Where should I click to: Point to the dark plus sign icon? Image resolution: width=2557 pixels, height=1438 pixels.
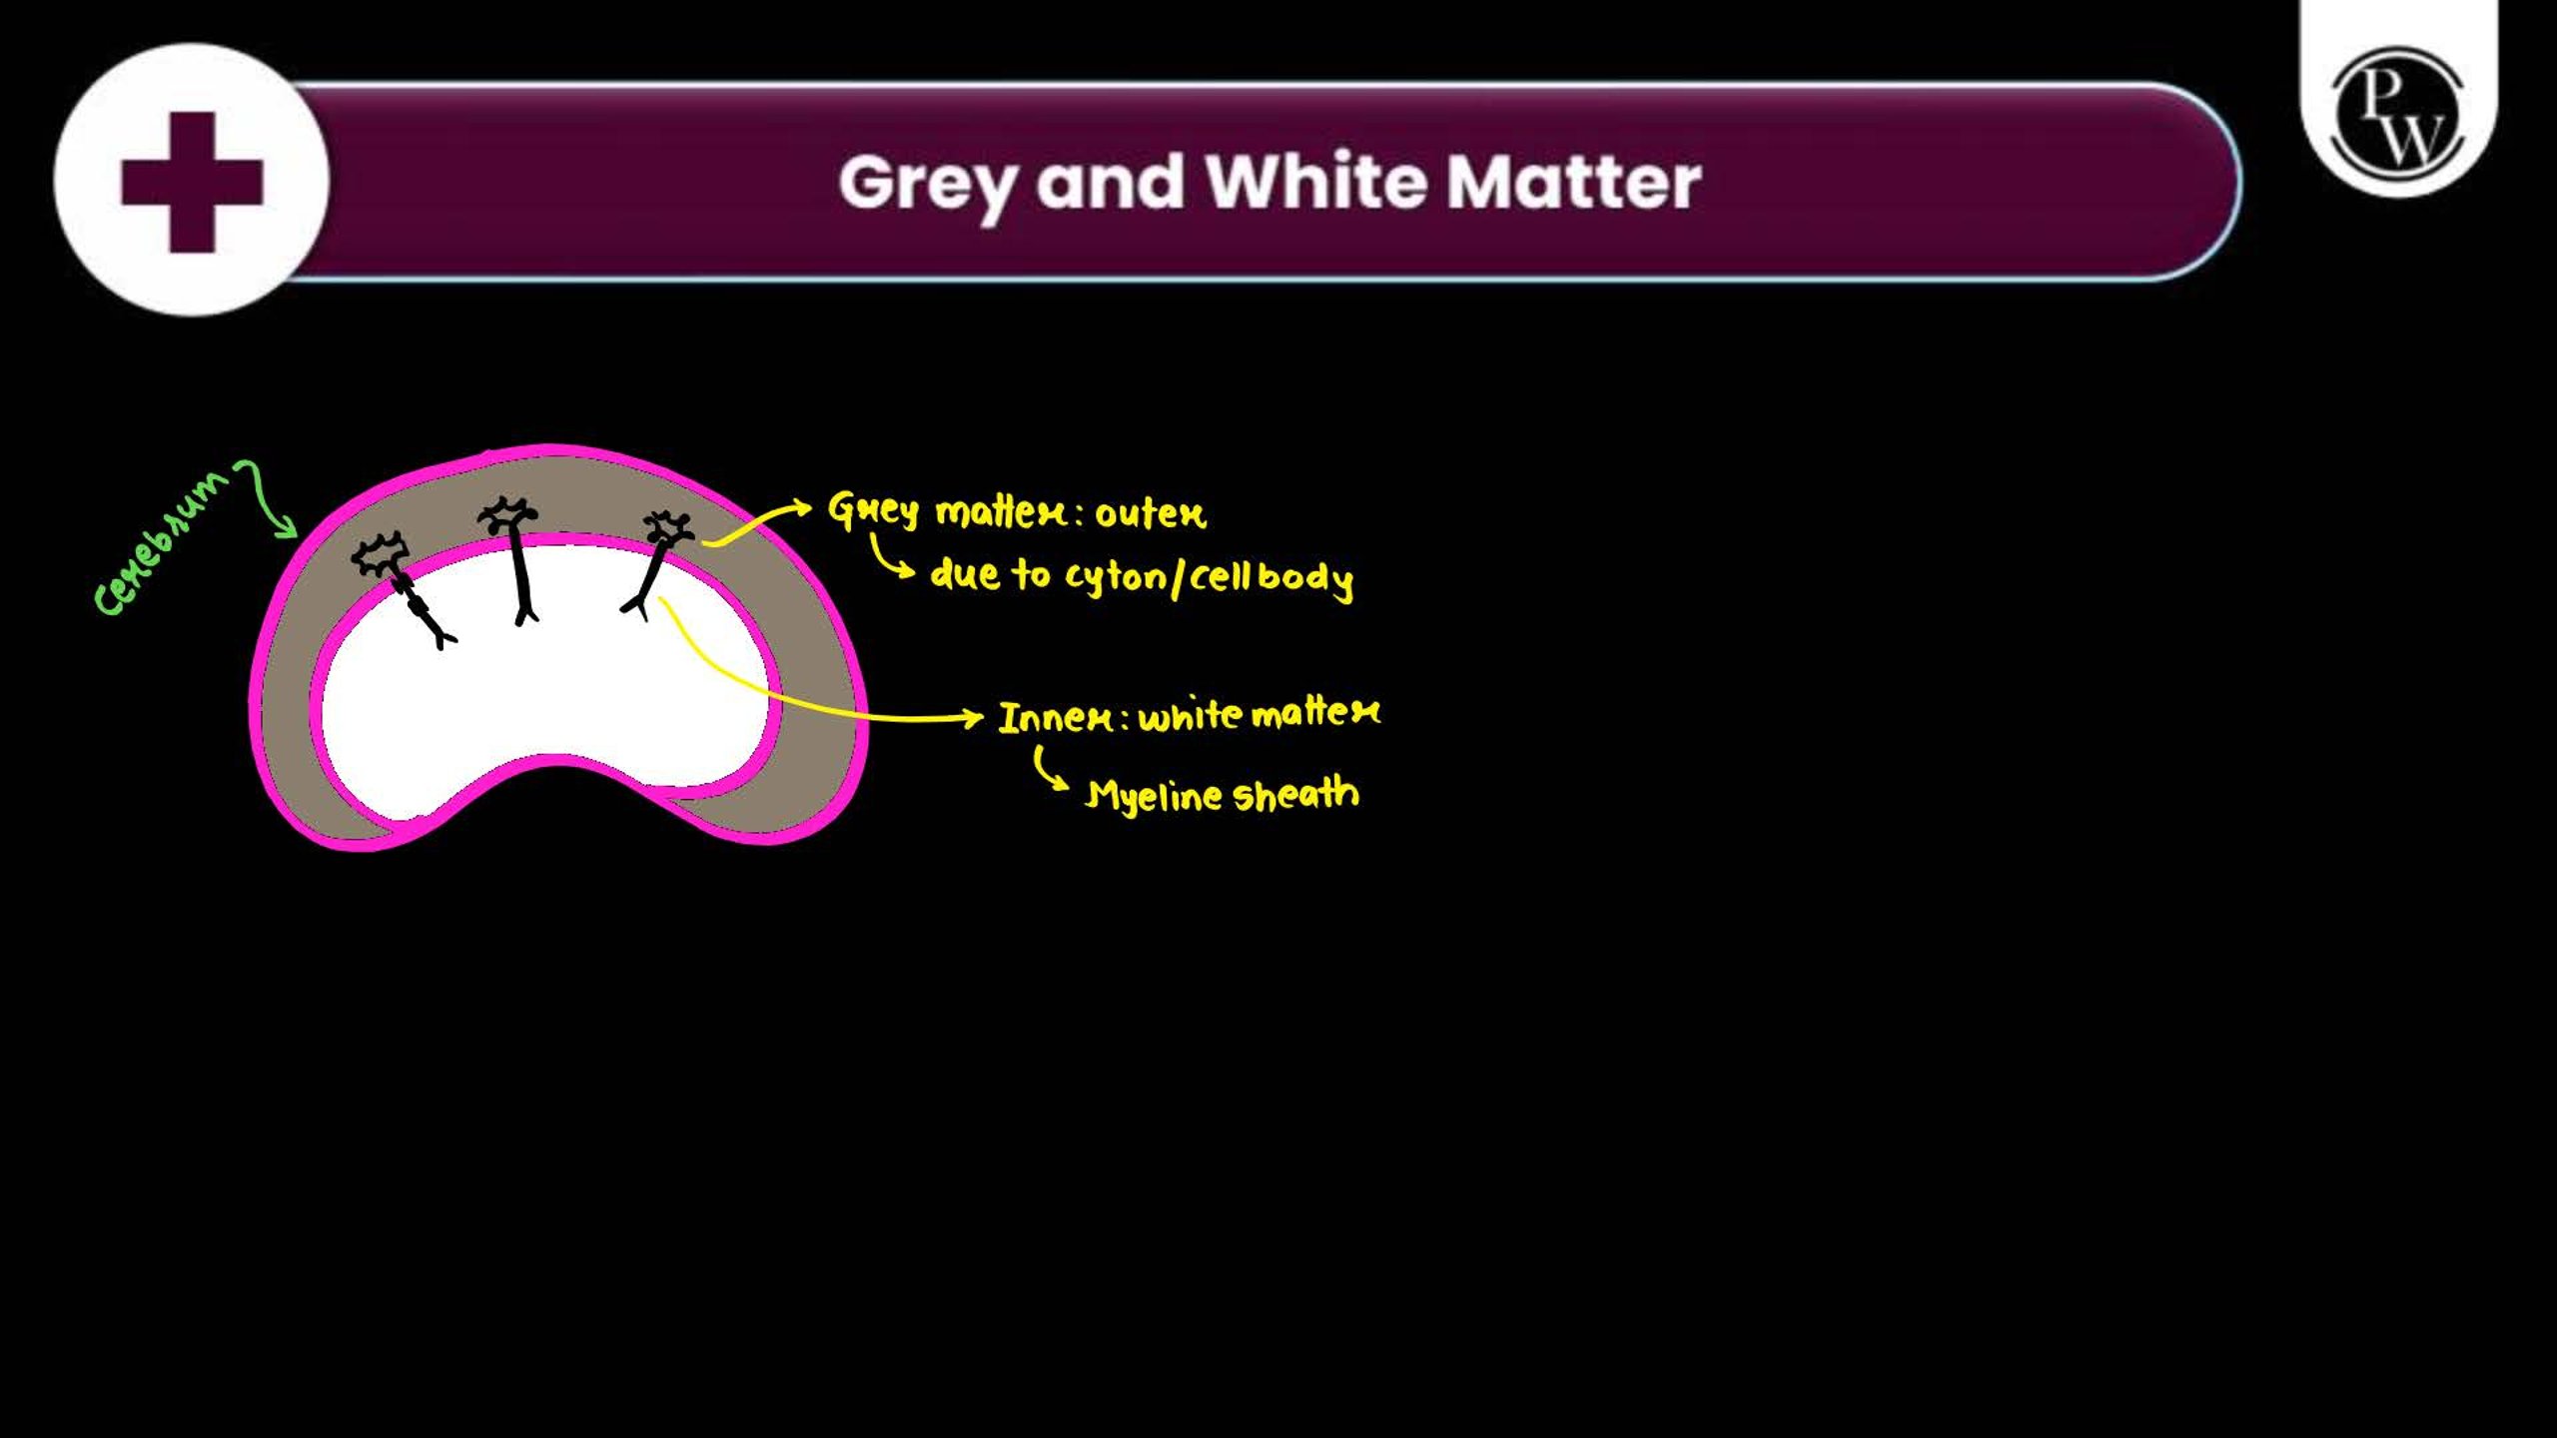tap(192, 182)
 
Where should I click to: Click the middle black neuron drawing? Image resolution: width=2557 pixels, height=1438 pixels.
tap(515, 559)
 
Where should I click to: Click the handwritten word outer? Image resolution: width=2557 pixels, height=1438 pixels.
tap(1151, 515)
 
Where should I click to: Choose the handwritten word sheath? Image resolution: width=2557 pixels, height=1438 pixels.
tap(1295, 794)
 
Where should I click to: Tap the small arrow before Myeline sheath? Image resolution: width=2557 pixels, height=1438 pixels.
tap(1049, 768)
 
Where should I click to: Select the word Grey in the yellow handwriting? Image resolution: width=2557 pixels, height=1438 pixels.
tap(873, 510)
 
